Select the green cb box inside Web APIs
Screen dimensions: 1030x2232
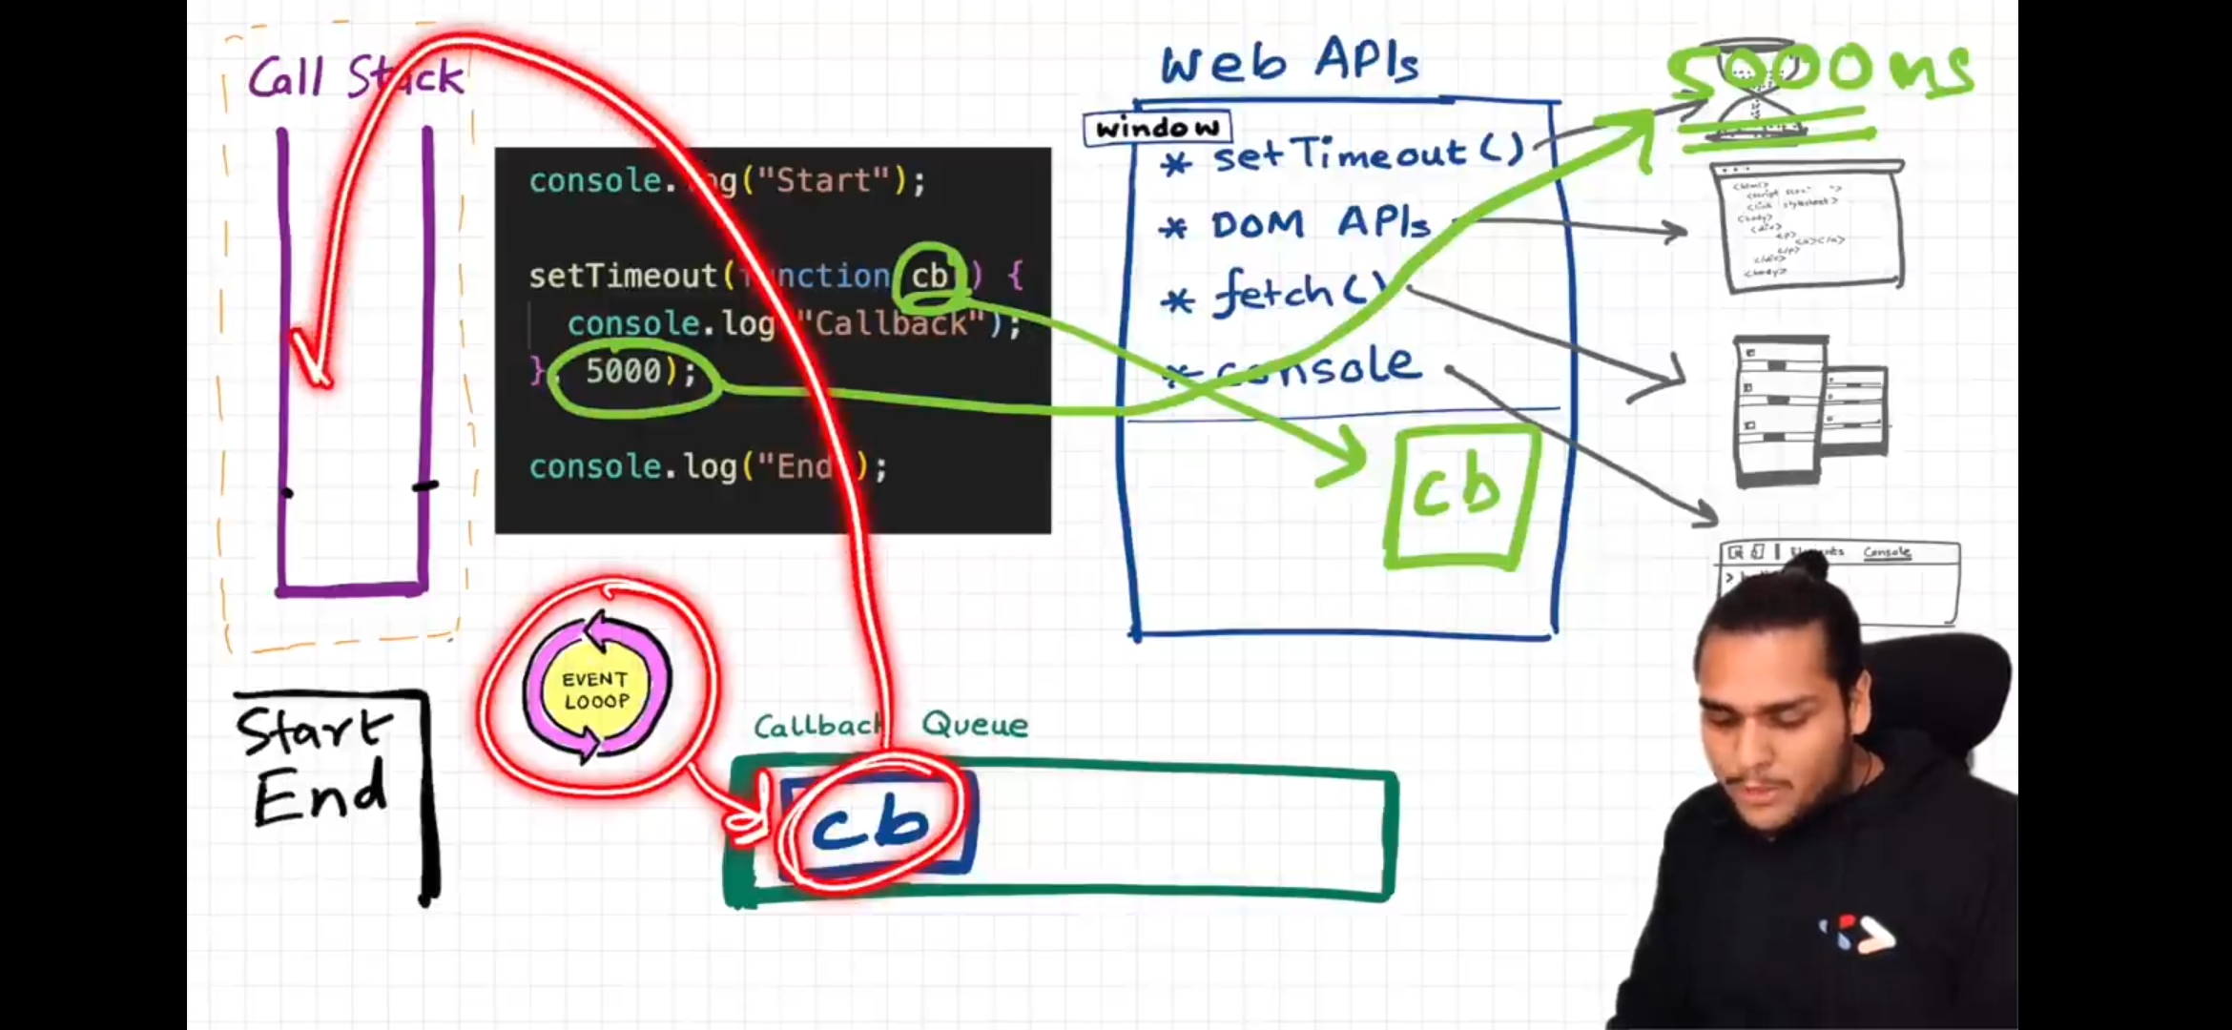(1459, 496)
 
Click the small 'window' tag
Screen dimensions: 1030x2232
(1157, 128)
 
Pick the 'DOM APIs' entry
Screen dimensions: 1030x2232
(1321, 224)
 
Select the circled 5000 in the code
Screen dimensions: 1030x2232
(625, 371)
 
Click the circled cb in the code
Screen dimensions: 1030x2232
(930, 277)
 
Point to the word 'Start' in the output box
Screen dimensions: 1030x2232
(313, 732)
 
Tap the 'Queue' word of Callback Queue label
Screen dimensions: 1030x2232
(975, 725)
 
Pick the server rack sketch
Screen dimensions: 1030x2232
(1808, 410)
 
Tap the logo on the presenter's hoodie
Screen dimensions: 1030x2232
(1855, 933)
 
